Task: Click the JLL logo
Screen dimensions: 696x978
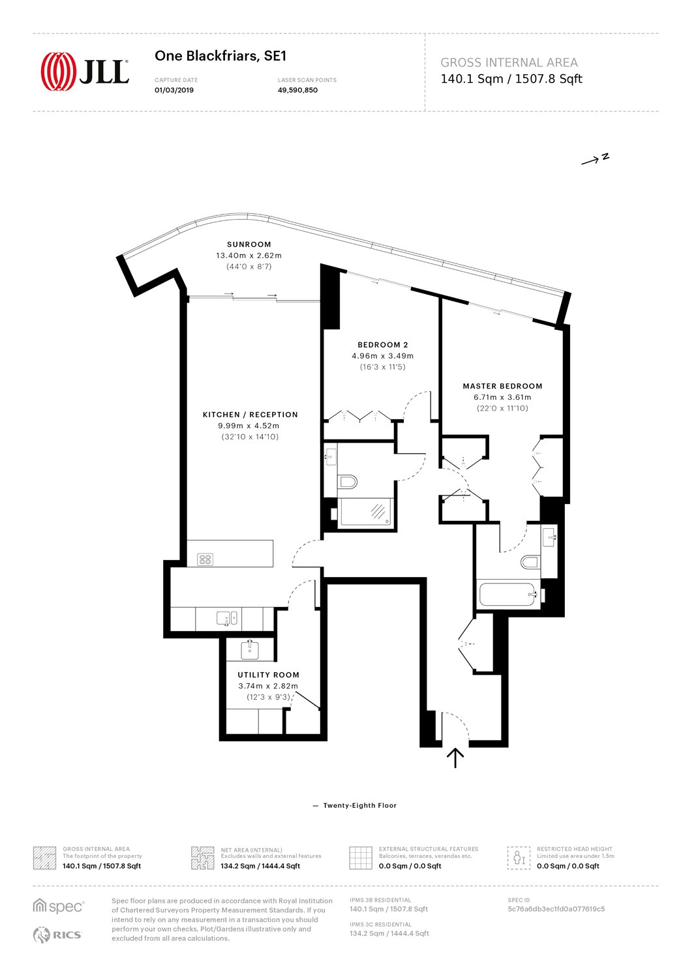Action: (85, 72)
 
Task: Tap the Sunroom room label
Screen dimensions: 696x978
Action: (249, 244)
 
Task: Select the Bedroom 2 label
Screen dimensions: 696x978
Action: (383, 345)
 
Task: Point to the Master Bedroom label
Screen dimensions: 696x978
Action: (502, 386)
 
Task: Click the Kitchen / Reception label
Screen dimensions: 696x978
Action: (250, 415)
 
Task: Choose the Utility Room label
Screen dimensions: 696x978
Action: (268, 675)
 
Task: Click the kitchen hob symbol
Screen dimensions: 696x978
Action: (205, 559)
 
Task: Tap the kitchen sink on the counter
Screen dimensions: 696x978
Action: (227, 618)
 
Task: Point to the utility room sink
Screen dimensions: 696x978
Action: (250, 651)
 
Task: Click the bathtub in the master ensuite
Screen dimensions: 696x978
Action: (507, 594)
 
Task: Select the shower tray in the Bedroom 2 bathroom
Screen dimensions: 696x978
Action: (366, 511)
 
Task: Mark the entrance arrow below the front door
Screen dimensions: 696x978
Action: (455, 758)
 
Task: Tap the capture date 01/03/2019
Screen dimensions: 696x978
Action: (174, 91)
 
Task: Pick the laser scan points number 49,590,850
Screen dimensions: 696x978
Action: (297, 91)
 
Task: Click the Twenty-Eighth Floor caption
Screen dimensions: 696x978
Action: (359, 805)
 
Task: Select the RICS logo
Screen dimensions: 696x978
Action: (57, 935)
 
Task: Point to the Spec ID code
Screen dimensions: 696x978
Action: (556, 909)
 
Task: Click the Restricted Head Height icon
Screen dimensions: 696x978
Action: (518, 858)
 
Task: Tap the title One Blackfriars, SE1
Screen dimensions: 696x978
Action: (220, 56)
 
